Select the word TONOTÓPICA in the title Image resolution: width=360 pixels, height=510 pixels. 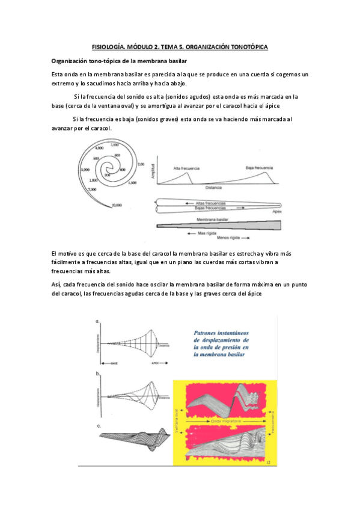pyautogui.click(x=248, y=46)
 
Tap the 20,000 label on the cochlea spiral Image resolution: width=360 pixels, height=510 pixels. pyautogui.click(x=118, y=205)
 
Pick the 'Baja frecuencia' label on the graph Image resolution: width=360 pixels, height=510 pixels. pyautogui.click(x=258, y=168)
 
